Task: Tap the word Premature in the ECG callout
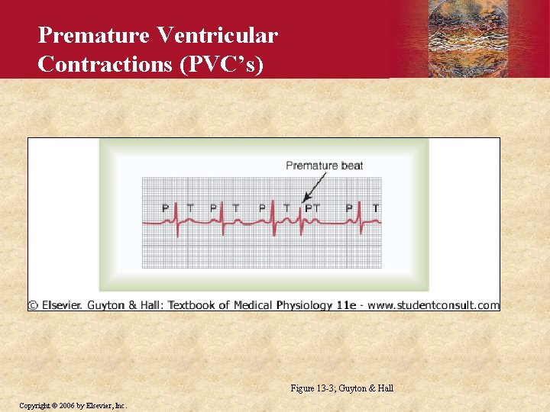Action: click(x=311, y=166)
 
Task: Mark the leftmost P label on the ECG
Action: click(x=165, y=208)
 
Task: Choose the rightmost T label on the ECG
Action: click(x=375, y=208)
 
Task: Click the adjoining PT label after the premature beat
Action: click(x=312, y=208)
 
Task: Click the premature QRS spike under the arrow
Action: click(x=300, y=221)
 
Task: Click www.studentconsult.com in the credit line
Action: click(x=434, y=305)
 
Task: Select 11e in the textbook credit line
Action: click(x=346, y=305)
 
